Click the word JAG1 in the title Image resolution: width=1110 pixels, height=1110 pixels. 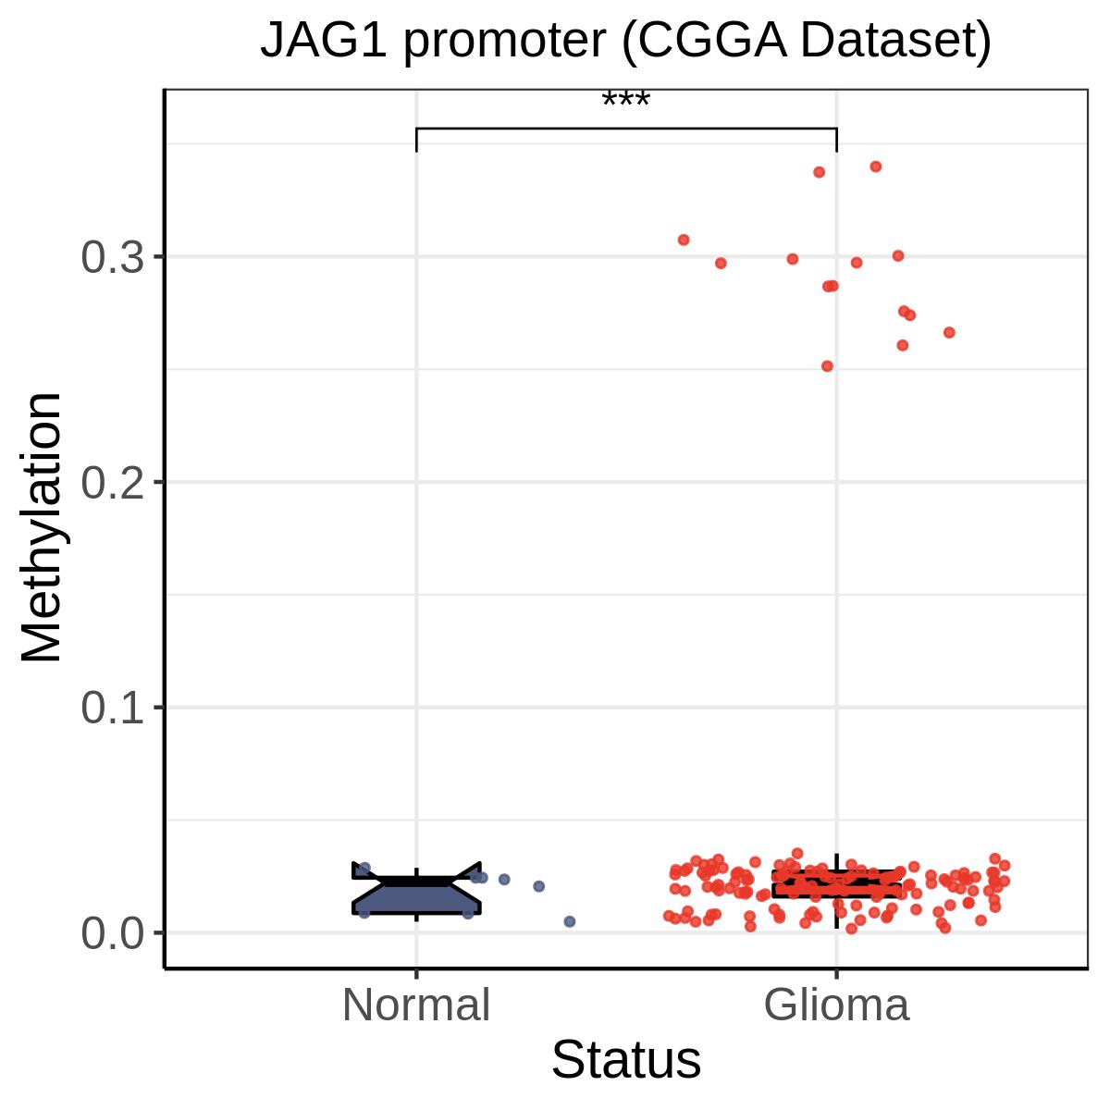click(323, 41)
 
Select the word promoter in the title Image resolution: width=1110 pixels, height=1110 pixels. click(504, 43)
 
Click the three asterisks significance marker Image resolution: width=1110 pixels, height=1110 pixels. click(625, 100)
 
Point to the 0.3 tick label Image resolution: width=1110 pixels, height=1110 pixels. click(112, 257)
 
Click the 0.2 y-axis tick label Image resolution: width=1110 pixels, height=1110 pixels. click(112, 482)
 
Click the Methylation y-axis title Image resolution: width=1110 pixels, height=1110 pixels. click(41, 527)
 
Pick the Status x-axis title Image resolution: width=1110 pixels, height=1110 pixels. click(626, 1060)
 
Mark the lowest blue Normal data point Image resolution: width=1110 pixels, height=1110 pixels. click(570, 921)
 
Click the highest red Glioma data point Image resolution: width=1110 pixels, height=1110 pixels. click(876, 166)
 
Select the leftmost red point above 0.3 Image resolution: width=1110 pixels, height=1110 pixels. click(684, 240)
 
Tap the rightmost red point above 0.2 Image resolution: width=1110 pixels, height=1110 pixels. click(950, 332)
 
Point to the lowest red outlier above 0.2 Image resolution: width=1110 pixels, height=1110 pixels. click(827, 365)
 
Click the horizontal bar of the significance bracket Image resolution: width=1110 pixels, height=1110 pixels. click(626, 128)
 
